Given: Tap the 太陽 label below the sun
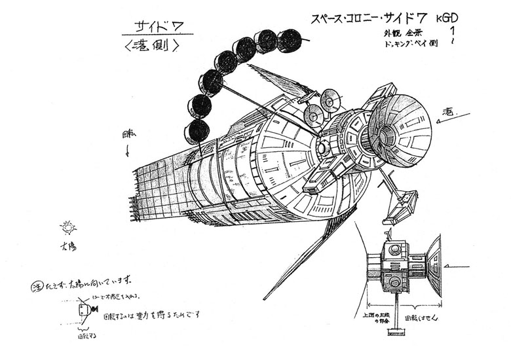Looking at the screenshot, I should coord(66,247).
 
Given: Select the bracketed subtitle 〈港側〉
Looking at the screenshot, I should coord(151,46).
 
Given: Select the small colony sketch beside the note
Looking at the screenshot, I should coord(83,311).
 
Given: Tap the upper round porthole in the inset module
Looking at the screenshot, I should coord(394,250).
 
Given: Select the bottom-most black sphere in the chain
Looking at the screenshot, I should coord(197,132).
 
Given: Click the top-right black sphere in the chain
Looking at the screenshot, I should coord(288,41).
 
